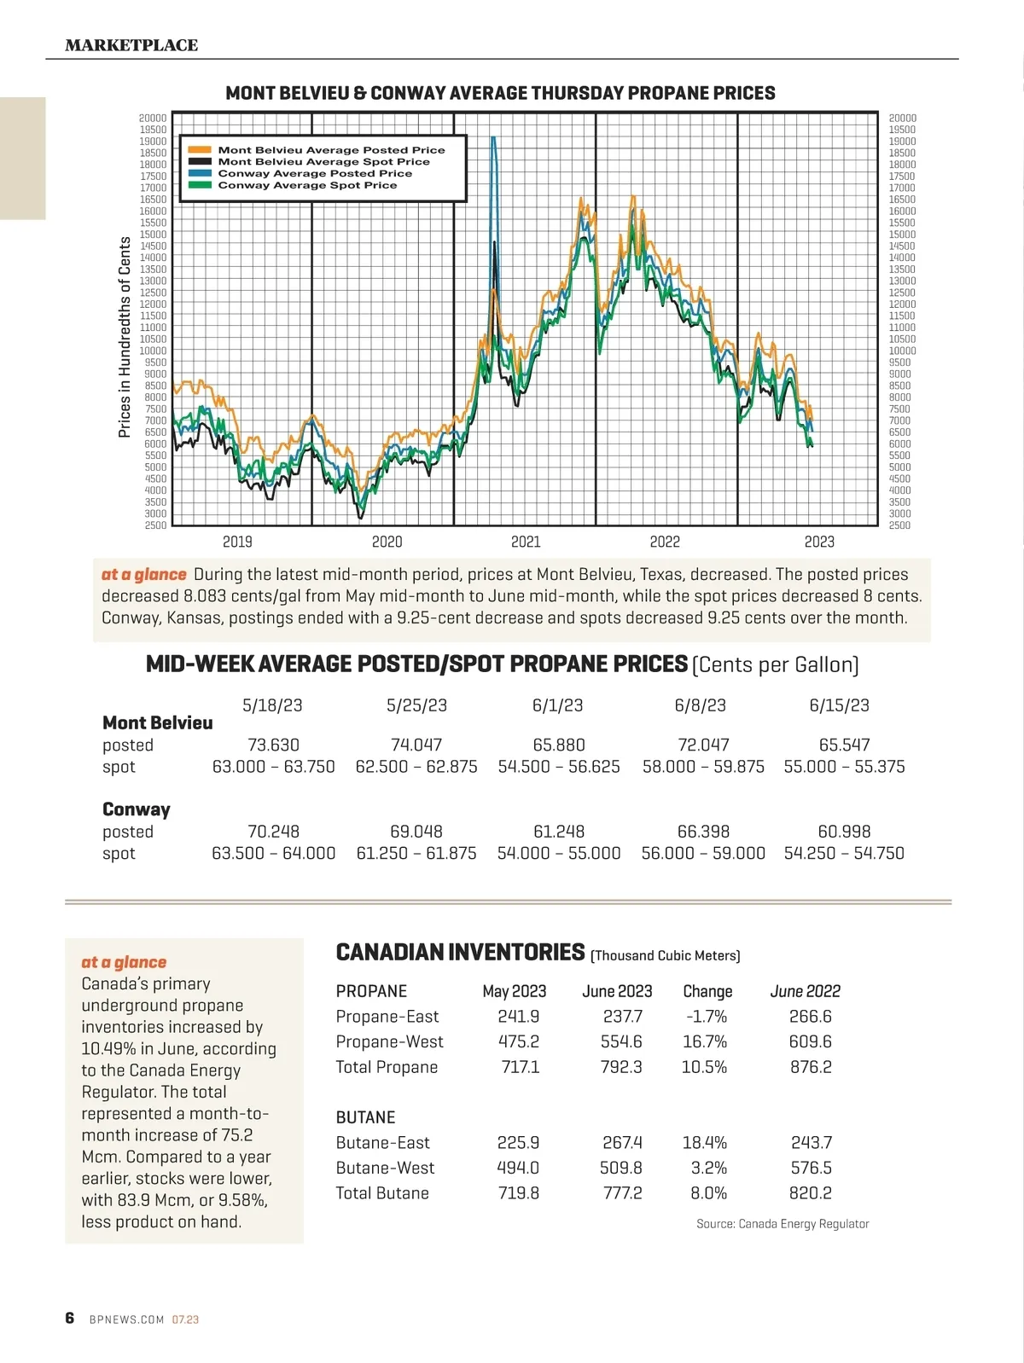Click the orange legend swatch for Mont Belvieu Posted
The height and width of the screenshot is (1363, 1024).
tap(200, 150)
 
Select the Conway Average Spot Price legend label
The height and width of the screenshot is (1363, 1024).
tap(307, 185)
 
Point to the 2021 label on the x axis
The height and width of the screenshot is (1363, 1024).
tap(526, 542)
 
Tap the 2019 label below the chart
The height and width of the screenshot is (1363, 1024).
tap(237, 542)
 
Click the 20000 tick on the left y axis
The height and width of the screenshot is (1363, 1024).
tap(153, 119)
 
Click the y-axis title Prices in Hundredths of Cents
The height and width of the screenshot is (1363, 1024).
tap(125, 337)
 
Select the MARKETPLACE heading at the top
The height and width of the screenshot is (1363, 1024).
tap(131, 45)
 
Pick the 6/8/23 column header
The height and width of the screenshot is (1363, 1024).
tap(700, 705)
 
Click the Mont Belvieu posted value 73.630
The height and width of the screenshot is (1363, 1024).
tap(273, 745)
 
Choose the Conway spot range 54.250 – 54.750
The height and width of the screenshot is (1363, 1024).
tap(844, 853)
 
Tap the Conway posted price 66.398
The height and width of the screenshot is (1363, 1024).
tap(703, 831)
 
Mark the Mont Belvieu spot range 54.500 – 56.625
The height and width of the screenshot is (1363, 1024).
tap(559, 766)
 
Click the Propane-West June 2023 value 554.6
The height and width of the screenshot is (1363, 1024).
tap(621, 1041)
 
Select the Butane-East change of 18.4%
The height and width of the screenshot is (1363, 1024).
tap(704, 1142)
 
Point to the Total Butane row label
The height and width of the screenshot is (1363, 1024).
tap(382, 1192)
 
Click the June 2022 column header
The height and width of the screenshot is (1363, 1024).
tap(805, 991)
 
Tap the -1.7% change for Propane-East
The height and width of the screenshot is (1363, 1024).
tap(706, 1016)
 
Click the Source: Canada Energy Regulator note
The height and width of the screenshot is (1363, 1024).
tap(783, 1224)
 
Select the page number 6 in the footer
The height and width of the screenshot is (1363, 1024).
tap(70, 1318)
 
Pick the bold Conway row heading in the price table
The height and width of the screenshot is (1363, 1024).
tap(137, 809)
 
